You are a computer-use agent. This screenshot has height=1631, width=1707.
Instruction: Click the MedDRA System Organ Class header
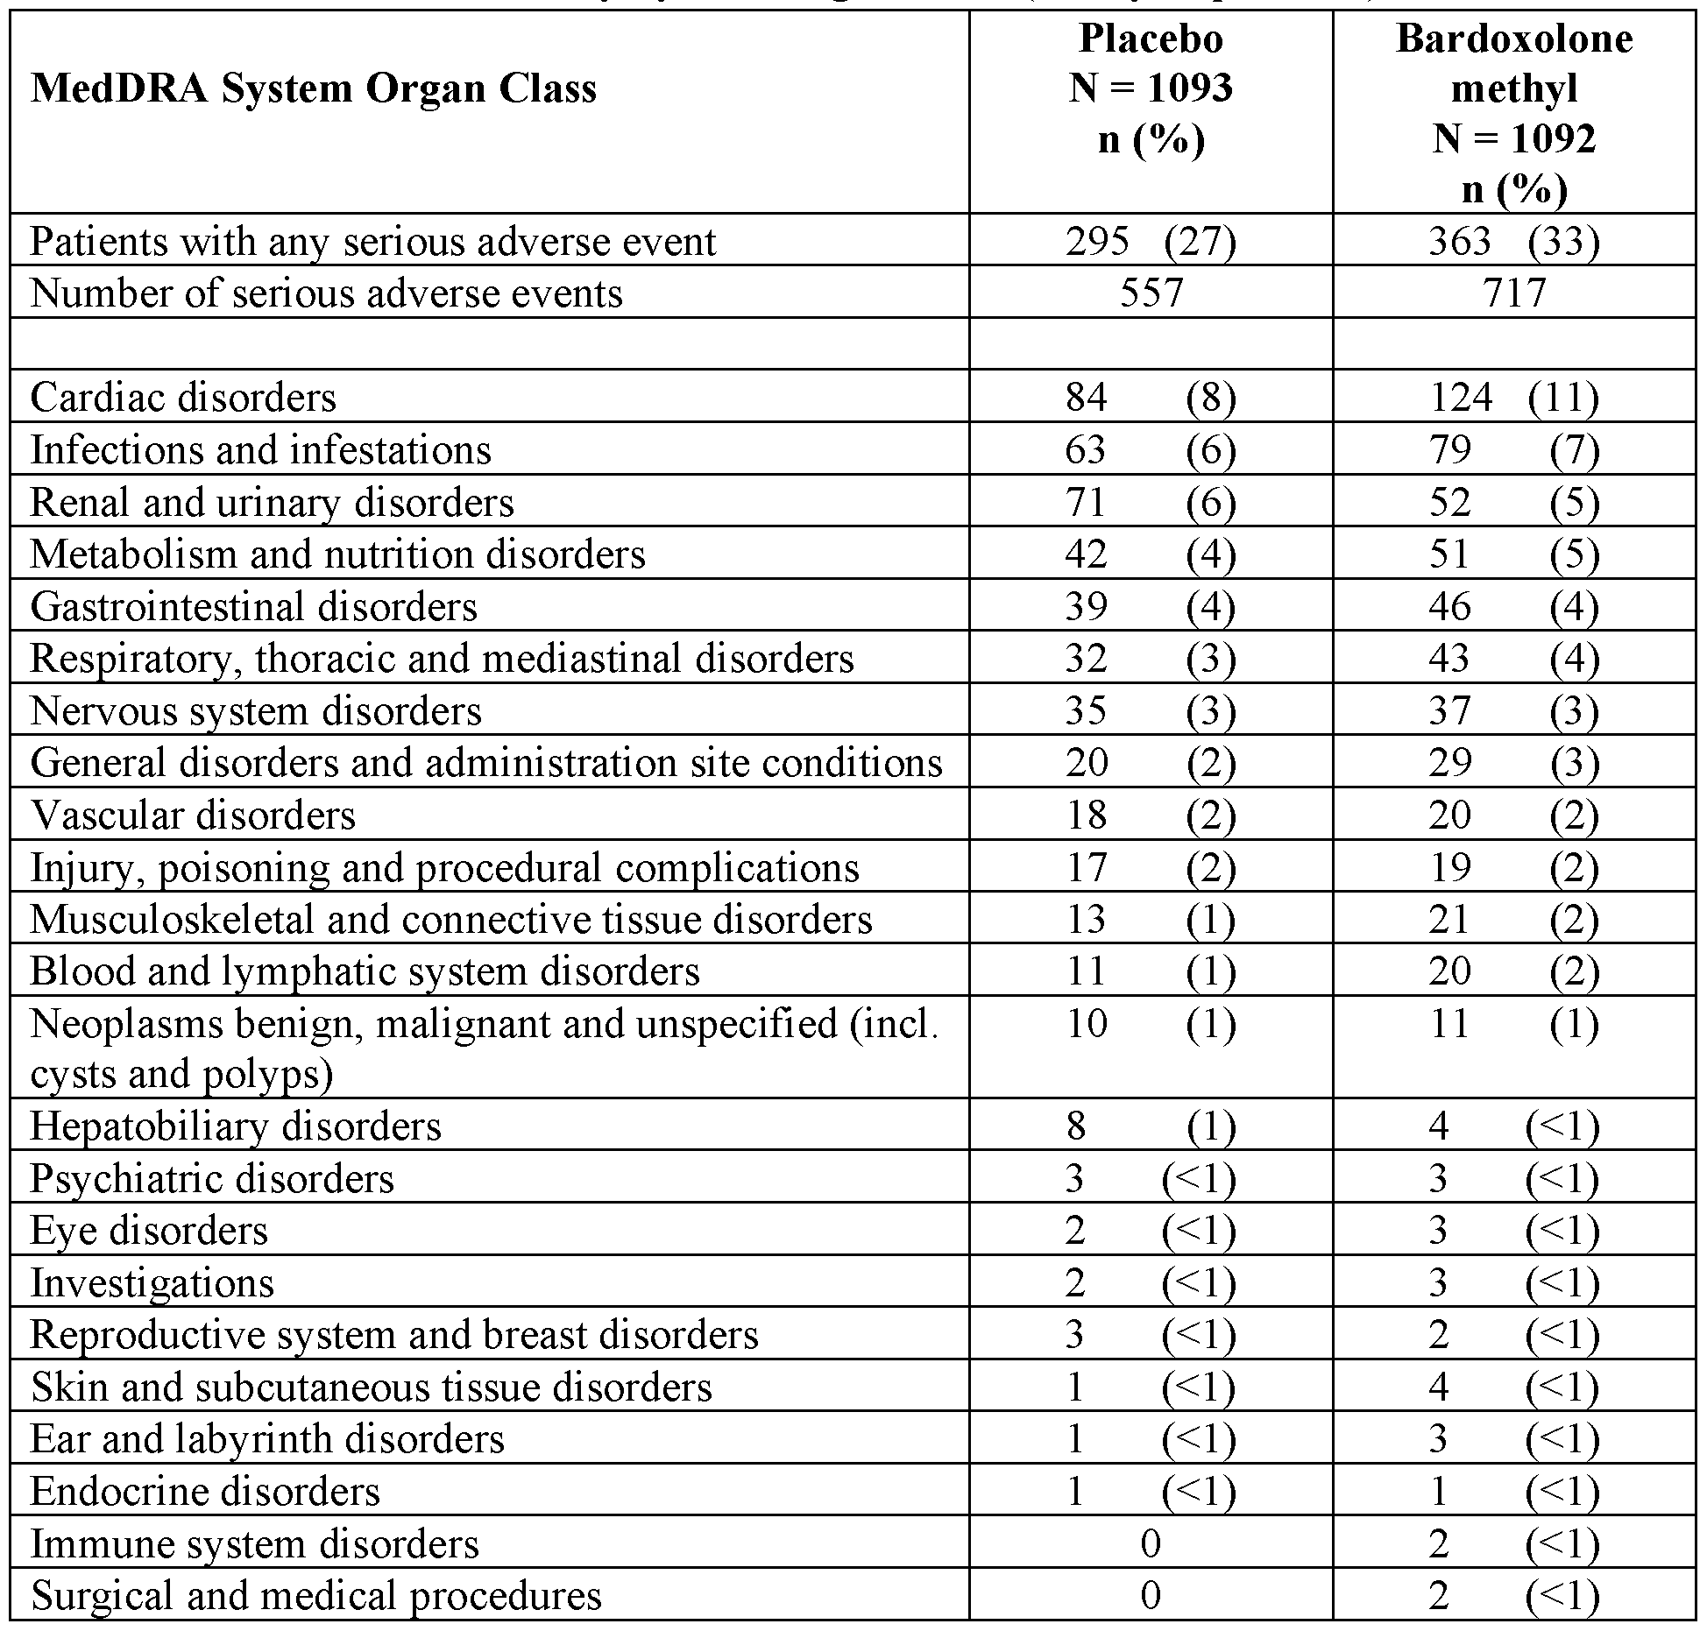point(314,89)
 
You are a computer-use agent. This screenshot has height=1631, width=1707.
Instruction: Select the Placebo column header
point(1150,88)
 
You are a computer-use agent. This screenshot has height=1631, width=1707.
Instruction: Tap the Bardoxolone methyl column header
point(1513,114)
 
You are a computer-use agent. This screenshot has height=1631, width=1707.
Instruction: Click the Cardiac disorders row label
point(183,398)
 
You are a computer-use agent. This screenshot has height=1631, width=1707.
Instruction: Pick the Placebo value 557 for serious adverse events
point(1151,293)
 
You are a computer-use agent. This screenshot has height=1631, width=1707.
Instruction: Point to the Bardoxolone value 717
point(1513,293)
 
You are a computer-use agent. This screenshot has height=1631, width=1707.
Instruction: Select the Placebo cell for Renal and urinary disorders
point(1150,502)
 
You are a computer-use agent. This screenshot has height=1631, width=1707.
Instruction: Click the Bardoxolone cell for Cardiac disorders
point(1513,398)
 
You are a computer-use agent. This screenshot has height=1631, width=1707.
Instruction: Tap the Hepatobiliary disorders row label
point(236,1126)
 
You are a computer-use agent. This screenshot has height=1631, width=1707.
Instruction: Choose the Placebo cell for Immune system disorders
point(1150,1543)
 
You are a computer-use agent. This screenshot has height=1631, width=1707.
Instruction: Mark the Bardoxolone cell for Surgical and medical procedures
point(1513,1595)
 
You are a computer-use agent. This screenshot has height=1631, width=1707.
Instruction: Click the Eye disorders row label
point(149,1231)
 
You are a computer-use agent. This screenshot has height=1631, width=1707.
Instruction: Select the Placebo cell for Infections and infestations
point(1150,450)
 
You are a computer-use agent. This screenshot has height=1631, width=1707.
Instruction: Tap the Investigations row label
point(152,1283)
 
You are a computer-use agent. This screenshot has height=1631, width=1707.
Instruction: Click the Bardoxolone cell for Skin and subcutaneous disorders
point(1513,1387)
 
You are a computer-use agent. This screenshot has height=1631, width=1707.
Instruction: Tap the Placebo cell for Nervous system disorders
point(1150,710)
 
